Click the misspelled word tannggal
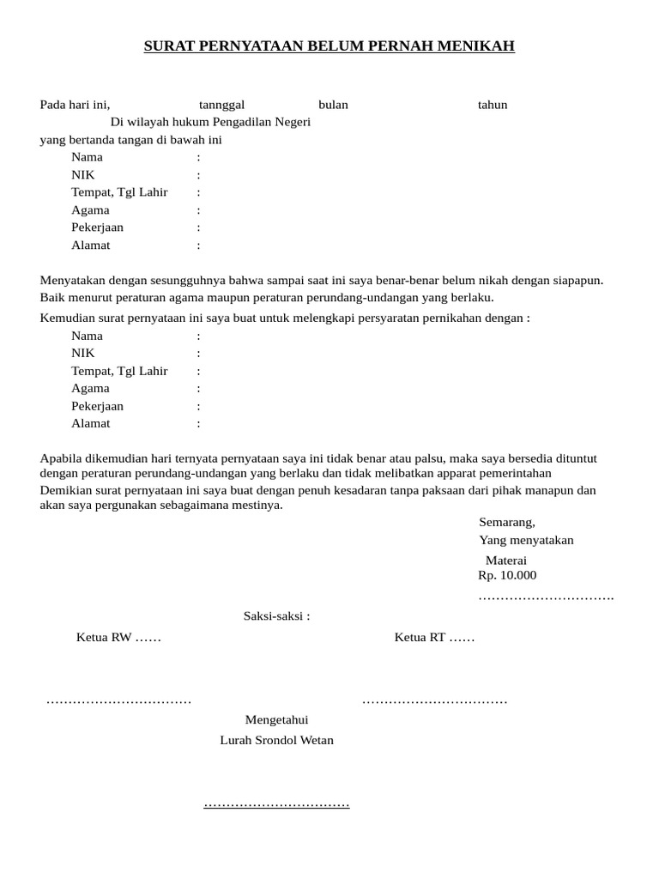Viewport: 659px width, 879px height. (x=222, y=105)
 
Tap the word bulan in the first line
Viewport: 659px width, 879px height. (x=333, y=105)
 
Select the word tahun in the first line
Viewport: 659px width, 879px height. (x=493, y=105)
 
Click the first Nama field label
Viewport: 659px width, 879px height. (x=87, y=157)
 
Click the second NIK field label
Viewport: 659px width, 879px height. (x=83, y=353)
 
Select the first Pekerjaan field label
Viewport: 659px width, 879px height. (x=97, y=227)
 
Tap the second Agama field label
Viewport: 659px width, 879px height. (x=90, y=388)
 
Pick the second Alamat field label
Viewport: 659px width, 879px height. (x=91, y=423)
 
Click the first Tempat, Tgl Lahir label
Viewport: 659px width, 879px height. (x=119, y=192)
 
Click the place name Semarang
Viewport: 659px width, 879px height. (x=506, y=522)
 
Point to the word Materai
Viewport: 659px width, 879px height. (x=506, y=561)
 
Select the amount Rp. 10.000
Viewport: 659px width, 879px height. (x=507, y=575)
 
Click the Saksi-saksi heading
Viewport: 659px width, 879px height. (x=276, y=615)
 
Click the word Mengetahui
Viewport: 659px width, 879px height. (x=276, y=719)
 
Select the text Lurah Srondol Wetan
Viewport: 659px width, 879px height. (x=276, y=740)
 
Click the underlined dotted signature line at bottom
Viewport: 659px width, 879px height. (x=276, y=804)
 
